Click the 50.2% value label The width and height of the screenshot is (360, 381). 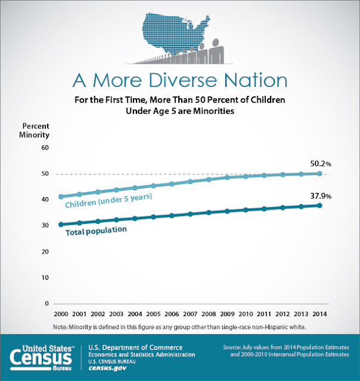pyautogui.click(x=321, y=164)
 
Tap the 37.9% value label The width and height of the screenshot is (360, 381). pyautogui.click(x=321, y=196)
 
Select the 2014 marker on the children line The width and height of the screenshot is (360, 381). pyautogui.click(x=319, y=173)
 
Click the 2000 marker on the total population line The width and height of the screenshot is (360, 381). pyautogui.click(x=61, y=224)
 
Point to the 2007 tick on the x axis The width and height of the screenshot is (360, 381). pyautogui.click(x=190, y=314)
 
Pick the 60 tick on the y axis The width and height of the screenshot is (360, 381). pyautogui.click(x=45, y=148)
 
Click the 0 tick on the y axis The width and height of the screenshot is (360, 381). pyautogui.click(x=46, y=303)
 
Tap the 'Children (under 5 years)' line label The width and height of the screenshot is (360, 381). pyautogui.click(x=108, y=201)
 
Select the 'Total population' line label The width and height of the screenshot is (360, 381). pyautogui.click(x=97, y=231)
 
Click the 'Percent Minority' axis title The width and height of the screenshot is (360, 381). pyautogui.click(x=35, y=130)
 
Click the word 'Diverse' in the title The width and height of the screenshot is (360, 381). pyautogui.click(x=182, y=80)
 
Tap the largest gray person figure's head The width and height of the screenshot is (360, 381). pyautogui.click(x=215, y=42)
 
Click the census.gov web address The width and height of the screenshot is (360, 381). pyautogui.click(x=107, y=368)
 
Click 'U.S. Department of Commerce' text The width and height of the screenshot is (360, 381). pyautogui.click(x=135, y=348)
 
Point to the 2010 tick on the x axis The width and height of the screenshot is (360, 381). pyautogui.click(x=246, y=314)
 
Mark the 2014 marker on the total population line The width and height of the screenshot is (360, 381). pyautogui.click(x=319, y=205)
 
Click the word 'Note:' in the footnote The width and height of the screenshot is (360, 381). pyautogui.click(x=60, y=327)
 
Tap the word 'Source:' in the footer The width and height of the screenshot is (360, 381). pyautogui.click(x=232, y=347)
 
